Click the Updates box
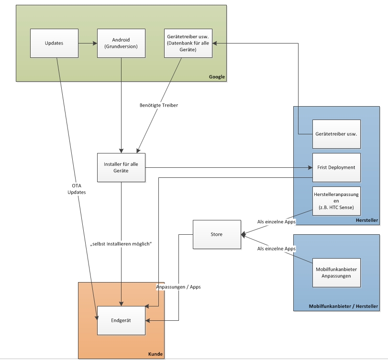coord(54,43)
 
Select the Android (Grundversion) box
coord(121,43)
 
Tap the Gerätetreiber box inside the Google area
coord(188,43)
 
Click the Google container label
coord(217,77)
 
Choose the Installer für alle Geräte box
coord(121,167)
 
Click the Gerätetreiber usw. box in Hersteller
coord(336,134)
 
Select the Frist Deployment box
coord(336,167)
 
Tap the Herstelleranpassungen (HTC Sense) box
coord(336,201)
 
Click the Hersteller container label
coord(367,220)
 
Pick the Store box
coord(217,234)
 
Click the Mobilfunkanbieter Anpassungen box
coord(336,273)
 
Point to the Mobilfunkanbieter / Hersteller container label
coord(343,306)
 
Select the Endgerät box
coord(121,320)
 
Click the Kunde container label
coord(155,354)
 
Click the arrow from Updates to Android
coord(88,43)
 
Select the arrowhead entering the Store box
coord(244,234)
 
